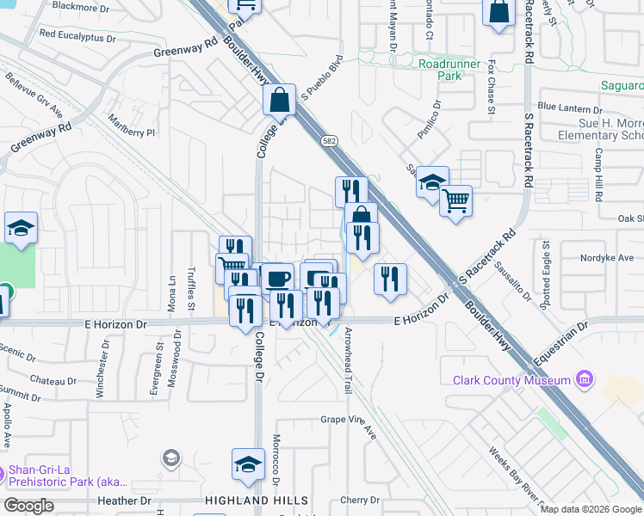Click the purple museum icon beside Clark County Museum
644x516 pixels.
click(x=585, y=379)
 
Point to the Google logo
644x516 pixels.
click(x=28, y=506)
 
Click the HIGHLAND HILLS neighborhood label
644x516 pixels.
click(x=256, y=501)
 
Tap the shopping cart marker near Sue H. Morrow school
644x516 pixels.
click(x=455, y=202)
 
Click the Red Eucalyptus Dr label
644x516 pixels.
click(x=77, y=37)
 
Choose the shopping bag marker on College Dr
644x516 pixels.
click(x=279, y=101)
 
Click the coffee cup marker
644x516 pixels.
click(x=277, y=279)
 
